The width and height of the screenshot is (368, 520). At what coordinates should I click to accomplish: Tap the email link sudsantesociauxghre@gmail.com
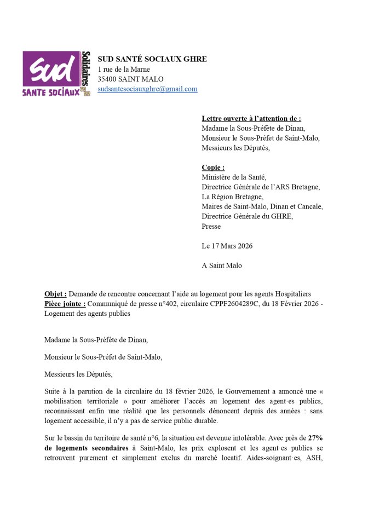tap(147, 89)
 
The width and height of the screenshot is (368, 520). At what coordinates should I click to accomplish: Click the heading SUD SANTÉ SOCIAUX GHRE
tap(152, 59)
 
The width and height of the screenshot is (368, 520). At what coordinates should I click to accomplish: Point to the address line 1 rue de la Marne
tap(124, 70)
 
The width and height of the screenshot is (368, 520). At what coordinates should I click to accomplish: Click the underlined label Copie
tap(212, 167)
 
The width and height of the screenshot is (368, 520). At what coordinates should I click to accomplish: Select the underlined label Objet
tap(55, 294)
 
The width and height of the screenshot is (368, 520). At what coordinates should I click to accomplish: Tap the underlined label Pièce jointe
tap(65, 304)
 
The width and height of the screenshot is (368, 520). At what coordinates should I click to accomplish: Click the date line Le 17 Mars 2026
tap(227, 246)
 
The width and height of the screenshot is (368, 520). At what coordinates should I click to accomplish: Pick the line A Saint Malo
tap(222, 265)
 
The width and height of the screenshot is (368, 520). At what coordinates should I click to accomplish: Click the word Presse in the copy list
tap(211, 226)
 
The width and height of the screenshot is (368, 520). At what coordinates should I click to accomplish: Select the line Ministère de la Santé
tap(234, 177)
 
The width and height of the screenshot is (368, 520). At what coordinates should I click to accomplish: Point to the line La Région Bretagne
tap(232, 197)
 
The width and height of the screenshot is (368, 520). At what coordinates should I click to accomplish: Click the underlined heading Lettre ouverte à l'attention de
tap(251, 118)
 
